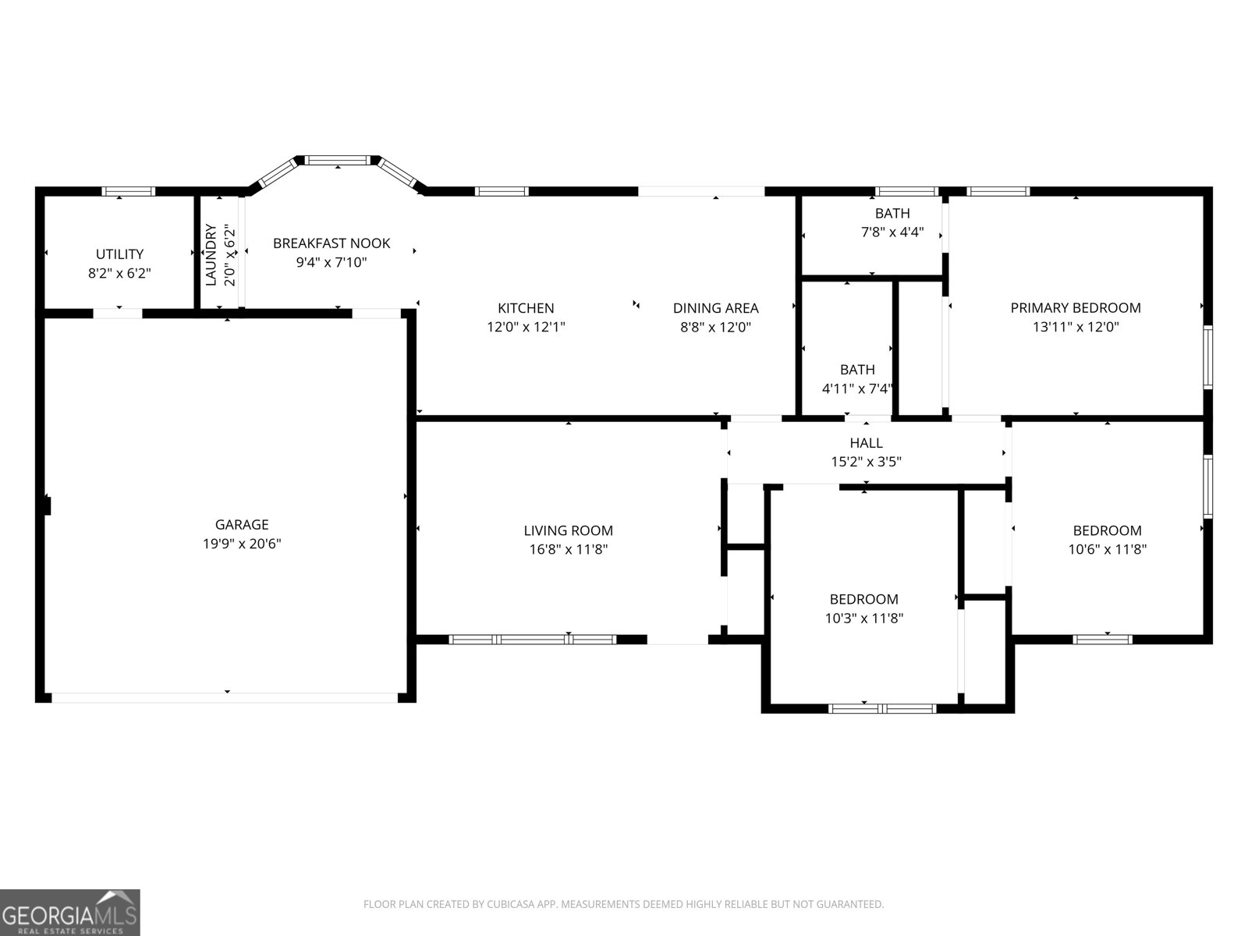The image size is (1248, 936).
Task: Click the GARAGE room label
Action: (242, 525)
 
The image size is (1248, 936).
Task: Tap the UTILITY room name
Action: (119, 254)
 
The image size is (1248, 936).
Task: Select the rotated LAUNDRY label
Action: (211, 255)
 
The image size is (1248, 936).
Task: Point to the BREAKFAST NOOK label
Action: (331, 243)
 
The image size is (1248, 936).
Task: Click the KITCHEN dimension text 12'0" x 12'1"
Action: (526, 328)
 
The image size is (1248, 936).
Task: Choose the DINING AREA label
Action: (715, 308)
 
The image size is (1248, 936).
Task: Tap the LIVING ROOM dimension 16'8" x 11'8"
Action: (568, 549)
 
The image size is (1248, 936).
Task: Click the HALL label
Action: (866, 443)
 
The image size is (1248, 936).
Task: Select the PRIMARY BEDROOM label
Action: (1076, 308)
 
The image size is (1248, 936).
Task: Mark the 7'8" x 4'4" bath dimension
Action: (892, 232)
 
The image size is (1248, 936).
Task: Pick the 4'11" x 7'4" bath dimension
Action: (857, 388)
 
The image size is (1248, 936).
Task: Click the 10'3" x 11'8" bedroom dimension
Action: (863, 619)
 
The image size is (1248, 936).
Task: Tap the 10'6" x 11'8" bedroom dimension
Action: (1107, 549)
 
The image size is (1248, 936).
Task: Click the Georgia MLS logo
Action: (70, 913)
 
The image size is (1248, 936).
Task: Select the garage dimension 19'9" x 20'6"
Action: (242, 544)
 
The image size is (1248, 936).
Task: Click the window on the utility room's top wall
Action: (129, 191)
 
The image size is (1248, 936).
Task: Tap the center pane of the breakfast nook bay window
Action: (337, 160)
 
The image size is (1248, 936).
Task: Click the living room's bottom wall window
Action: (533, 640)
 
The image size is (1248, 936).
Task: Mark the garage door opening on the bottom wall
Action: (225, 697)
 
